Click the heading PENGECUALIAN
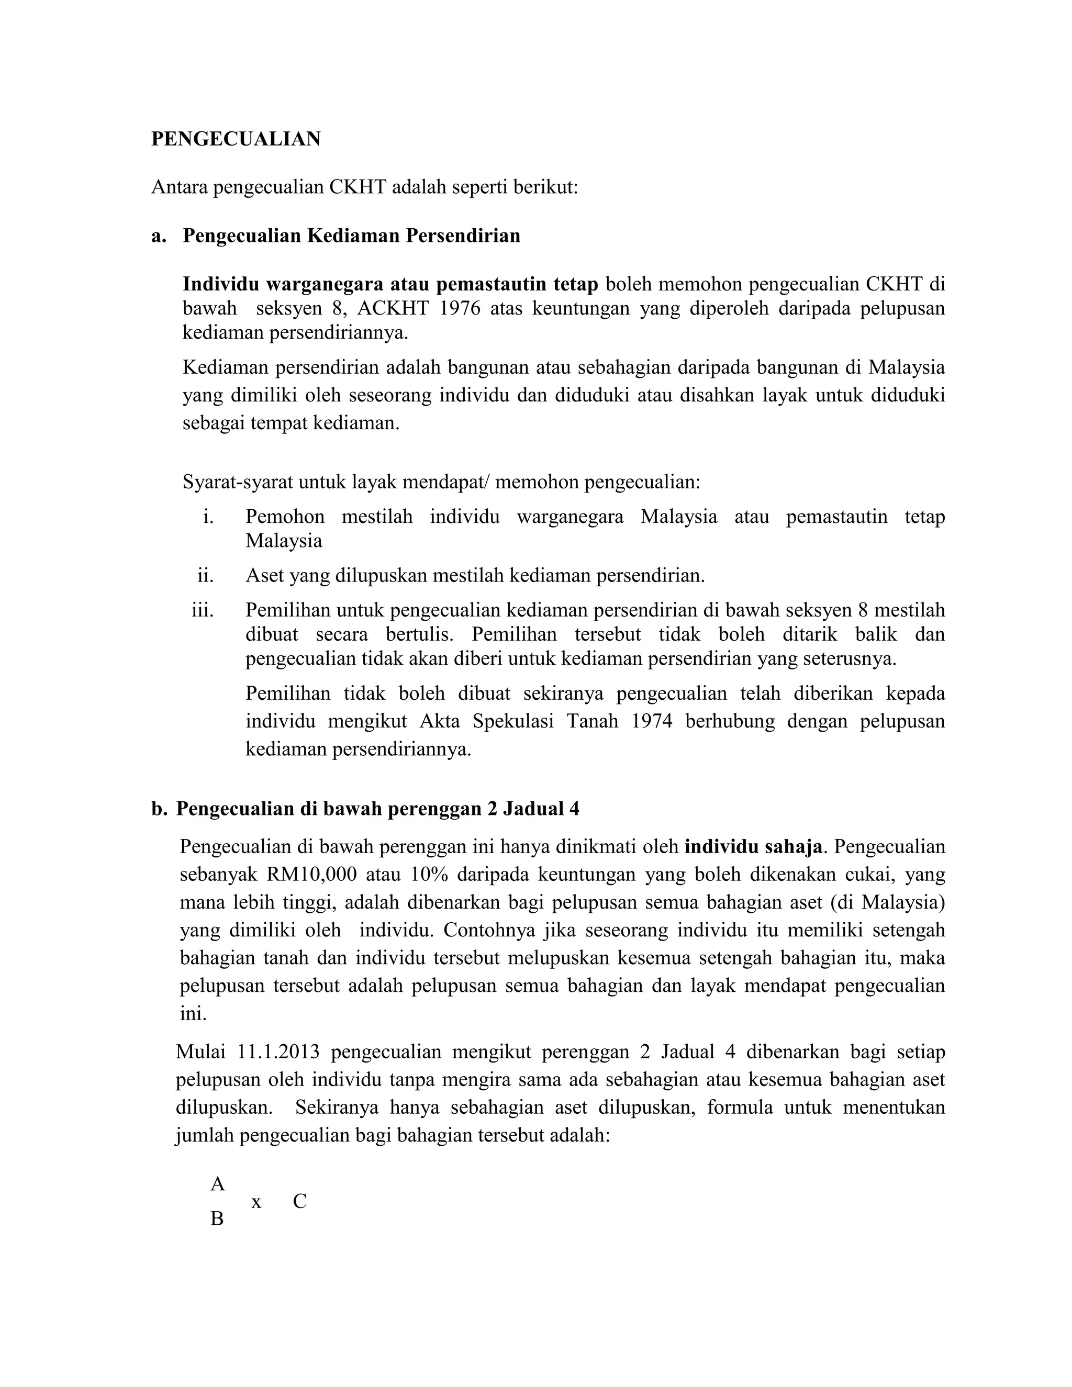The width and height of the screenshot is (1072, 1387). (236, 139)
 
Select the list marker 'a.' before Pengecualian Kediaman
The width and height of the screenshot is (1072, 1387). (159, 236)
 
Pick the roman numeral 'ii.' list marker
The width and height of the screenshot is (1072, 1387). (206, 576)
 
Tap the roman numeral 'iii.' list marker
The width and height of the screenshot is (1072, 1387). (203, 610)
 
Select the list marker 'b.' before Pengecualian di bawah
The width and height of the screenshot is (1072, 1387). (159, 809)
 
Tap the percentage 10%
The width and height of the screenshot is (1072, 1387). (429, 875)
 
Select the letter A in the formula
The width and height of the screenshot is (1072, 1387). (218, 1184)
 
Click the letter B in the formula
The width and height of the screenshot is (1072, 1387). (217, 1218)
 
